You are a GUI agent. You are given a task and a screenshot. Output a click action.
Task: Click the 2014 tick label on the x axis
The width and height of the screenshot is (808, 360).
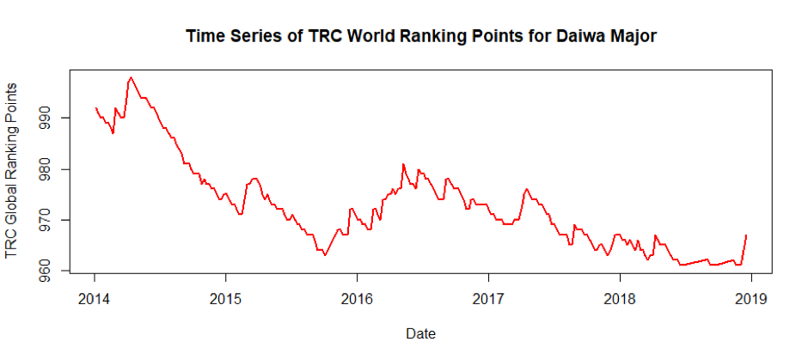pyautogui.click(x=95, y=299)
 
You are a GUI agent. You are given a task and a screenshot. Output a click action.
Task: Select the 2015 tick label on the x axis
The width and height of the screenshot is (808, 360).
pyautogui.click(x=226, y=299)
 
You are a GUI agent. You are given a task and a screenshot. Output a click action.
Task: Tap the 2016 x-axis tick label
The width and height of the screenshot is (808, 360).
pyautogui.click(x=358, y=299)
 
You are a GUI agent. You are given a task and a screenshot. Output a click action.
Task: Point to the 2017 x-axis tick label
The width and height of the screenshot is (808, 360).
pyautogui.click(x=489, y=299)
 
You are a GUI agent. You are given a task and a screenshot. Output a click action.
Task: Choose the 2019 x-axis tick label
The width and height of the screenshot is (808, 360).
pyautogui.click(x=752, y=299)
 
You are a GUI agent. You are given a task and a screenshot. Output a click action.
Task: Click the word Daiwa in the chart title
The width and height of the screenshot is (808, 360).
pyautogui.click(x=560, y=36)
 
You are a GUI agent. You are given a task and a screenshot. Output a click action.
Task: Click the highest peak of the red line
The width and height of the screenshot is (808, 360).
pyautogui.click(x=131, y=77)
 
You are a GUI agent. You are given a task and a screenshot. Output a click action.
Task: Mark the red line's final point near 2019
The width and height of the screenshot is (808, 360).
pyautogui.click(x=746, y=235)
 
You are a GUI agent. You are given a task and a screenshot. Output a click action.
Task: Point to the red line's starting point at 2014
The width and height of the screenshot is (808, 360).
pyautogui.click(x=95, y=107)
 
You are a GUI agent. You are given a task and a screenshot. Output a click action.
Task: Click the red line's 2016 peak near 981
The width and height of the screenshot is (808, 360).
pyautogui.click(x=403, y=164)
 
